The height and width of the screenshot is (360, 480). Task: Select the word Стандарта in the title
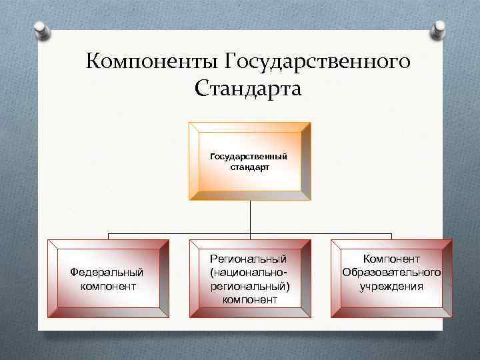click(249, 88)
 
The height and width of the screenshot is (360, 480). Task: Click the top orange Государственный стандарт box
click(249, 161)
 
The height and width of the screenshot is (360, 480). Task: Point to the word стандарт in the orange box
click(249, 167)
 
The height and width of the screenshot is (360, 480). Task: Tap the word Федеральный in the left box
click(107, 272)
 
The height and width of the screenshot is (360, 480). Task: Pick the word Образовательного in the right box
click(391, 272)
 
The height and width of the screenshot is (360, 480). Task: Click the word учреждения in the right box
click(391, 286)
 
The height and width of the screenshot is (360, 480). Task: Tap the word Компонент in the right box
click(391, 258)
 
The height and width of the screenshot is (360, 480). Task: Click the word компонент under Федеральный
click(107, 286)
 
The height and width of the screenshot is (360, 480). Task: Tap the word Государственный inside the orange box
click(249, 156)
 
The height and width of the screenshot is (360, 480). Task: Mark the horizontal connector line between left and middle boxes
click(180, 234)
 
